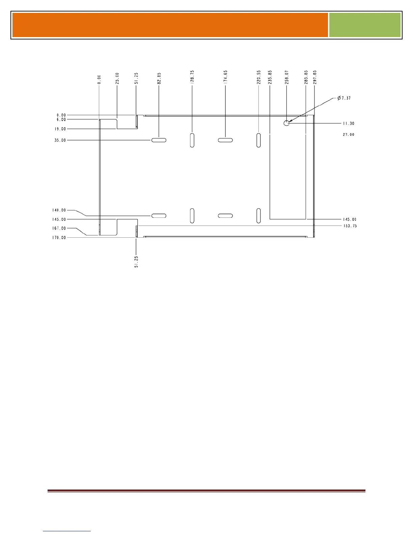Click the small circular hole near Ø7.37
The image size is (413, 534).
pyautogui.click(x=286, y=123)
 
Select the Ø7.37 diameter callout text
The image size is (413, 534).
pyautogui.click(x=344, y=98)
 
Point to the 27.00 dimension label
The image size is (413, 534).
pyautogui.click(x=349, y=135)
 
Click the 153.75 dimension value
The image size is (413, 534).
pyautogui.click(x=350, y=226)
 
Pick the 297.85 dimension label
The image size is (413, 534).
pyautogui.click(x=314, y=77)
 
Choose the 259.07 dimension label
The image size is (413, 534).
pyautogui.click(x=286, y=77)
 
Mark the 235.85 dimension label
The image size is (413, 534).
pyautogui.click(x=270, y=77)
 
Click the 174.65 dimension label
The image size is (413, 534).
pyautogui.click(x=225, y=77)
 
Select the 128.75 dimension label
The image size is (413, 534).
pyautogui.click(x=192, y=77)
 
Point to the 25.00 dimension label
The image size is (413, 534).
pyautogui.click(x=117, y=78)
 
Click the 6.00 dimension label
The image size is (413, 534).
pyautogui.click(x=61, y=119)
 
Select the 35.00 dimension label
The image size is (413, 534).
pyautogui.click(x=60, y=140)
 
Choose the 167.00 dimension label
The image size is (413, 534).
pyautogui.click(x=59, y=228)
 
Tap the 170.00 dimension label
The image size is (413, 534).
pyautogui.click(x=59, y=238)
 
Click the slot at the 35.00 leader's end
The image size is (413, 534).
pyautogui.click(x=159, y=140)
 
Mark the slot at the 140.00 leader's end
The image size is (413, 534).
pyautogui.click(x=159, y=216)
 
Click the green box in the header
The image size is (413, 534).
pyautogui.click(x=365, y=25)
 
